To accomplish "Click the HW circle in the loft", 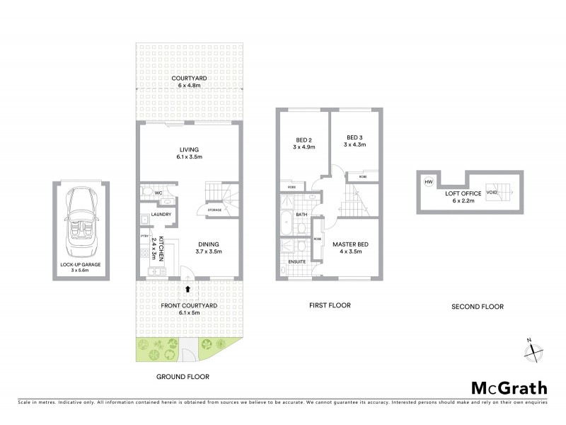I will pyautogui.click(x=428, y=182).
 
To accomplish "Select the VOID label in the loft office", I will pyautogui.click(x=491, y=191).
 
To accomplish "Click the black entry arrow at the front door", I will pyautogui.click(x=187, y=288).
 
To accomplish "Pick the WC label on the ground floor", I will pyautogui.click(x=158, y=191).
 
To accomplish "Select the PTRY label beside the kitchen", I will pyautogui.click(x=144, y=237).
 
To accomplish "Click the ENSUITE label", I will pyautogui.click(x=298, y=261).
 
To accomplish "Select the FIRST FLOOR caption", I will pyautogui.click(x=330, y=306).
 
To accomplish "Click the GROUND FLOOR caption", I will pyautogui.click(x=183, y=377).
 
